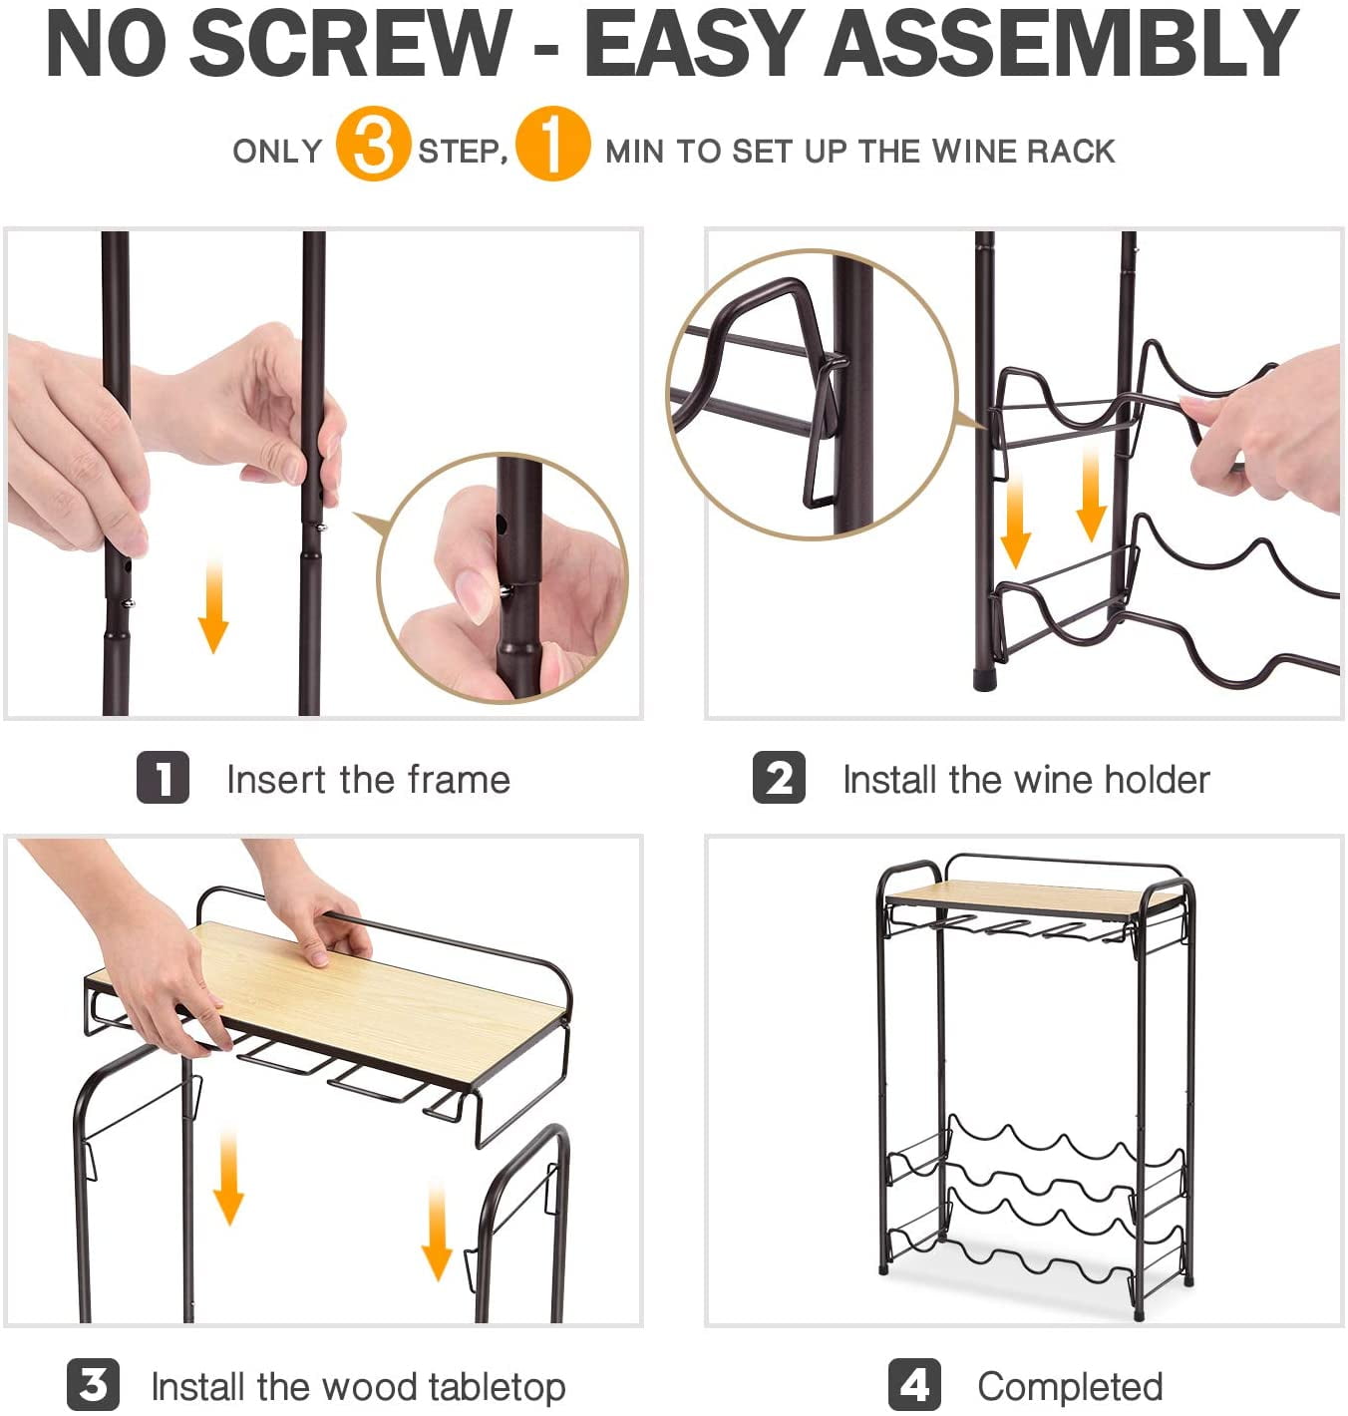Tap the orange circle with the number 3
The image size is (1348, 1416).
373,144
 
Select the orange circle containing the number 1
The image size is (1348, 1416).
552,144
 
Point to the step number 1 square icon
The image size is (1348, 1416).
163,777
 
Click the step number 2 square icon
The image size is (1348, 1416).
779,777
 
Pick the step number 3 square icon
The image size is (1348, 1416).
93,1384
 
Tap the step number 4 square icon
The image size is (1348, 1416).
914,1384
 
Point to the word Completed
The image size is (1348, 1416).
1070,1386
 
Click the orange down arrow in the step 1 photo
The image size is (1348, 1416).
213,604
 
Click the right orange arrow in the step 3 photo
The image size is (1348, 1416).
437,1231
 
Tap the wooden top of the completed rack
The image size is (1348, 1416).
1029,898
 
